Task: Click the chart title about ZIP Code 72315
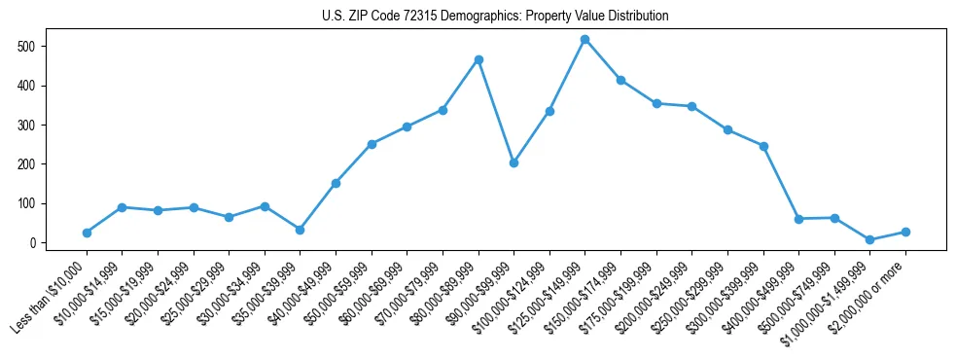point(495,17)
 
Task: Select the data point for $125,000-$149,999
point(584,40)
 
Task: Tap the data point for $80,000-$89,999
point(478,59)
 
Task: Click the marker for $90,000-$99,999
point(513,162)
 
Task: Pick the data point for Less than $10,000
point(87,233)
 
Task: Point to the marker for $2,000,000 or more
point(905,232)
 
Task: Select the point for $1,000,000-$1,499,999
point(869,239)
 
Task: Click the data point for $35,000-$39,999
point(300,230)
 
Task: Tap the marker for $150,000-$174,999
point(620,80)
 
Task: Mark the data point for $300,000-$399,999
point(763,146)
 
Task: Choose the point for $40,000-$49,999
point(336,183)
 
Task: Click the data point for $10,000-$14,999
point(122,207)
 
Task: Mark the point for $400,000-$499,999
point(798,219)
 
